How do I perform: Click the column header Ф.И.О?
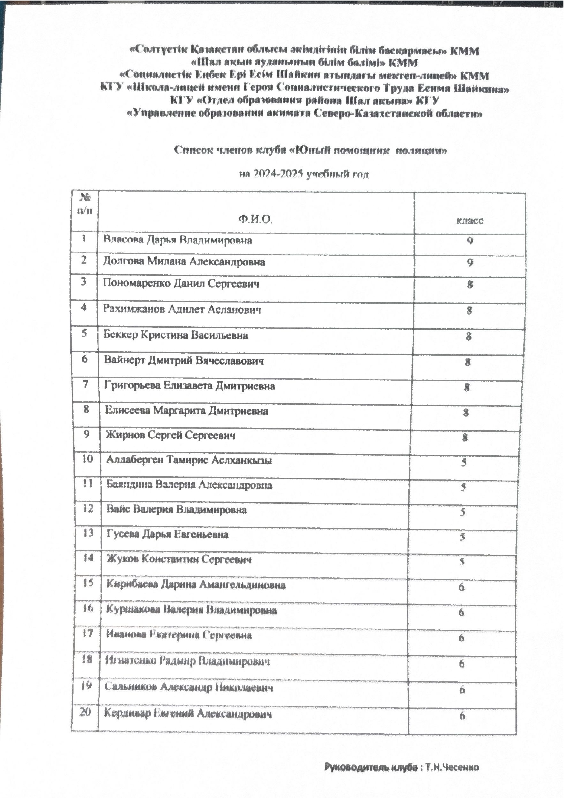pos(255,219)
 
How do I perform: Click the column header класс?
pos(470,221)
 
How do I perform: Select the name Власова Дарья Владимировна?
pos(177,240)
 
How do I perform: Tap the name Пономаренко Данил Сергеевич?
pos(181,284)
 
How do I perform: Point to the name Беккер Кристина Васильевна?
pos(176,336)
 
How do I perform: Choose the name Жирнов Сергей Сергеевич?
pos(170,435)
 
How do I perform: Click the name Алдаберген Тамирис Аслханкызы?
pos(189,460)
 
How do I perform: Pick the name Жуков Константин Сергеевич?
pos(179,559)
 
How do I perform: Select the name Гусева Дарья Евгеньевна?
pos(167,534)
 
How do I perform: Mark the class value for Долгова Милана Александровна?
pos(470,262)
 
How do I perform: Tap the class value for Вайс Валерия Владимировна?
pos(463,512)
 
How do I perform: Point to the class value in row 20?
pos(462,716)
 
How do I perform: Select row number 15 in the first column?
pos(88,583)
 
